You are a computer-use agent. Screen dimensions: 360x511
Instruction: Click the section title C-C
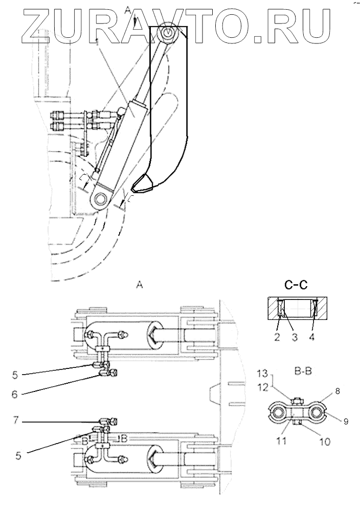click(x=296, y=285)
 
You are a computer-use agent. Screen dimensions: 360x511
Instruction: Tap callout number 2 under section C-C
click(x=277, y=337)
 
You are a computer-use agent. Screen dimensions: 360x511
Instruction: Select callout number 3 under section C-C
click(x=295, y=337)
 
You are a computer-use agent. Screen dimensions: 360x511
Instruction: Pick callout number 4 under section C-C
click(x=312, y=337)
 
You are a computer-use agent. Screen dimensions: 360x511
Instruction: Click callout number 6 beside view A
click(x=15, y=394)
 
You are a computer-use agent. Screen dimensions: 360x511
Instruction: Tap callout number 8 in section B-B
click(x=337, y=391)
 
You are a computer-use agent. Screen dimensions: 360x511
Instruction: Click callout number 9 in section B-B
click(x=346, y=422)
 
